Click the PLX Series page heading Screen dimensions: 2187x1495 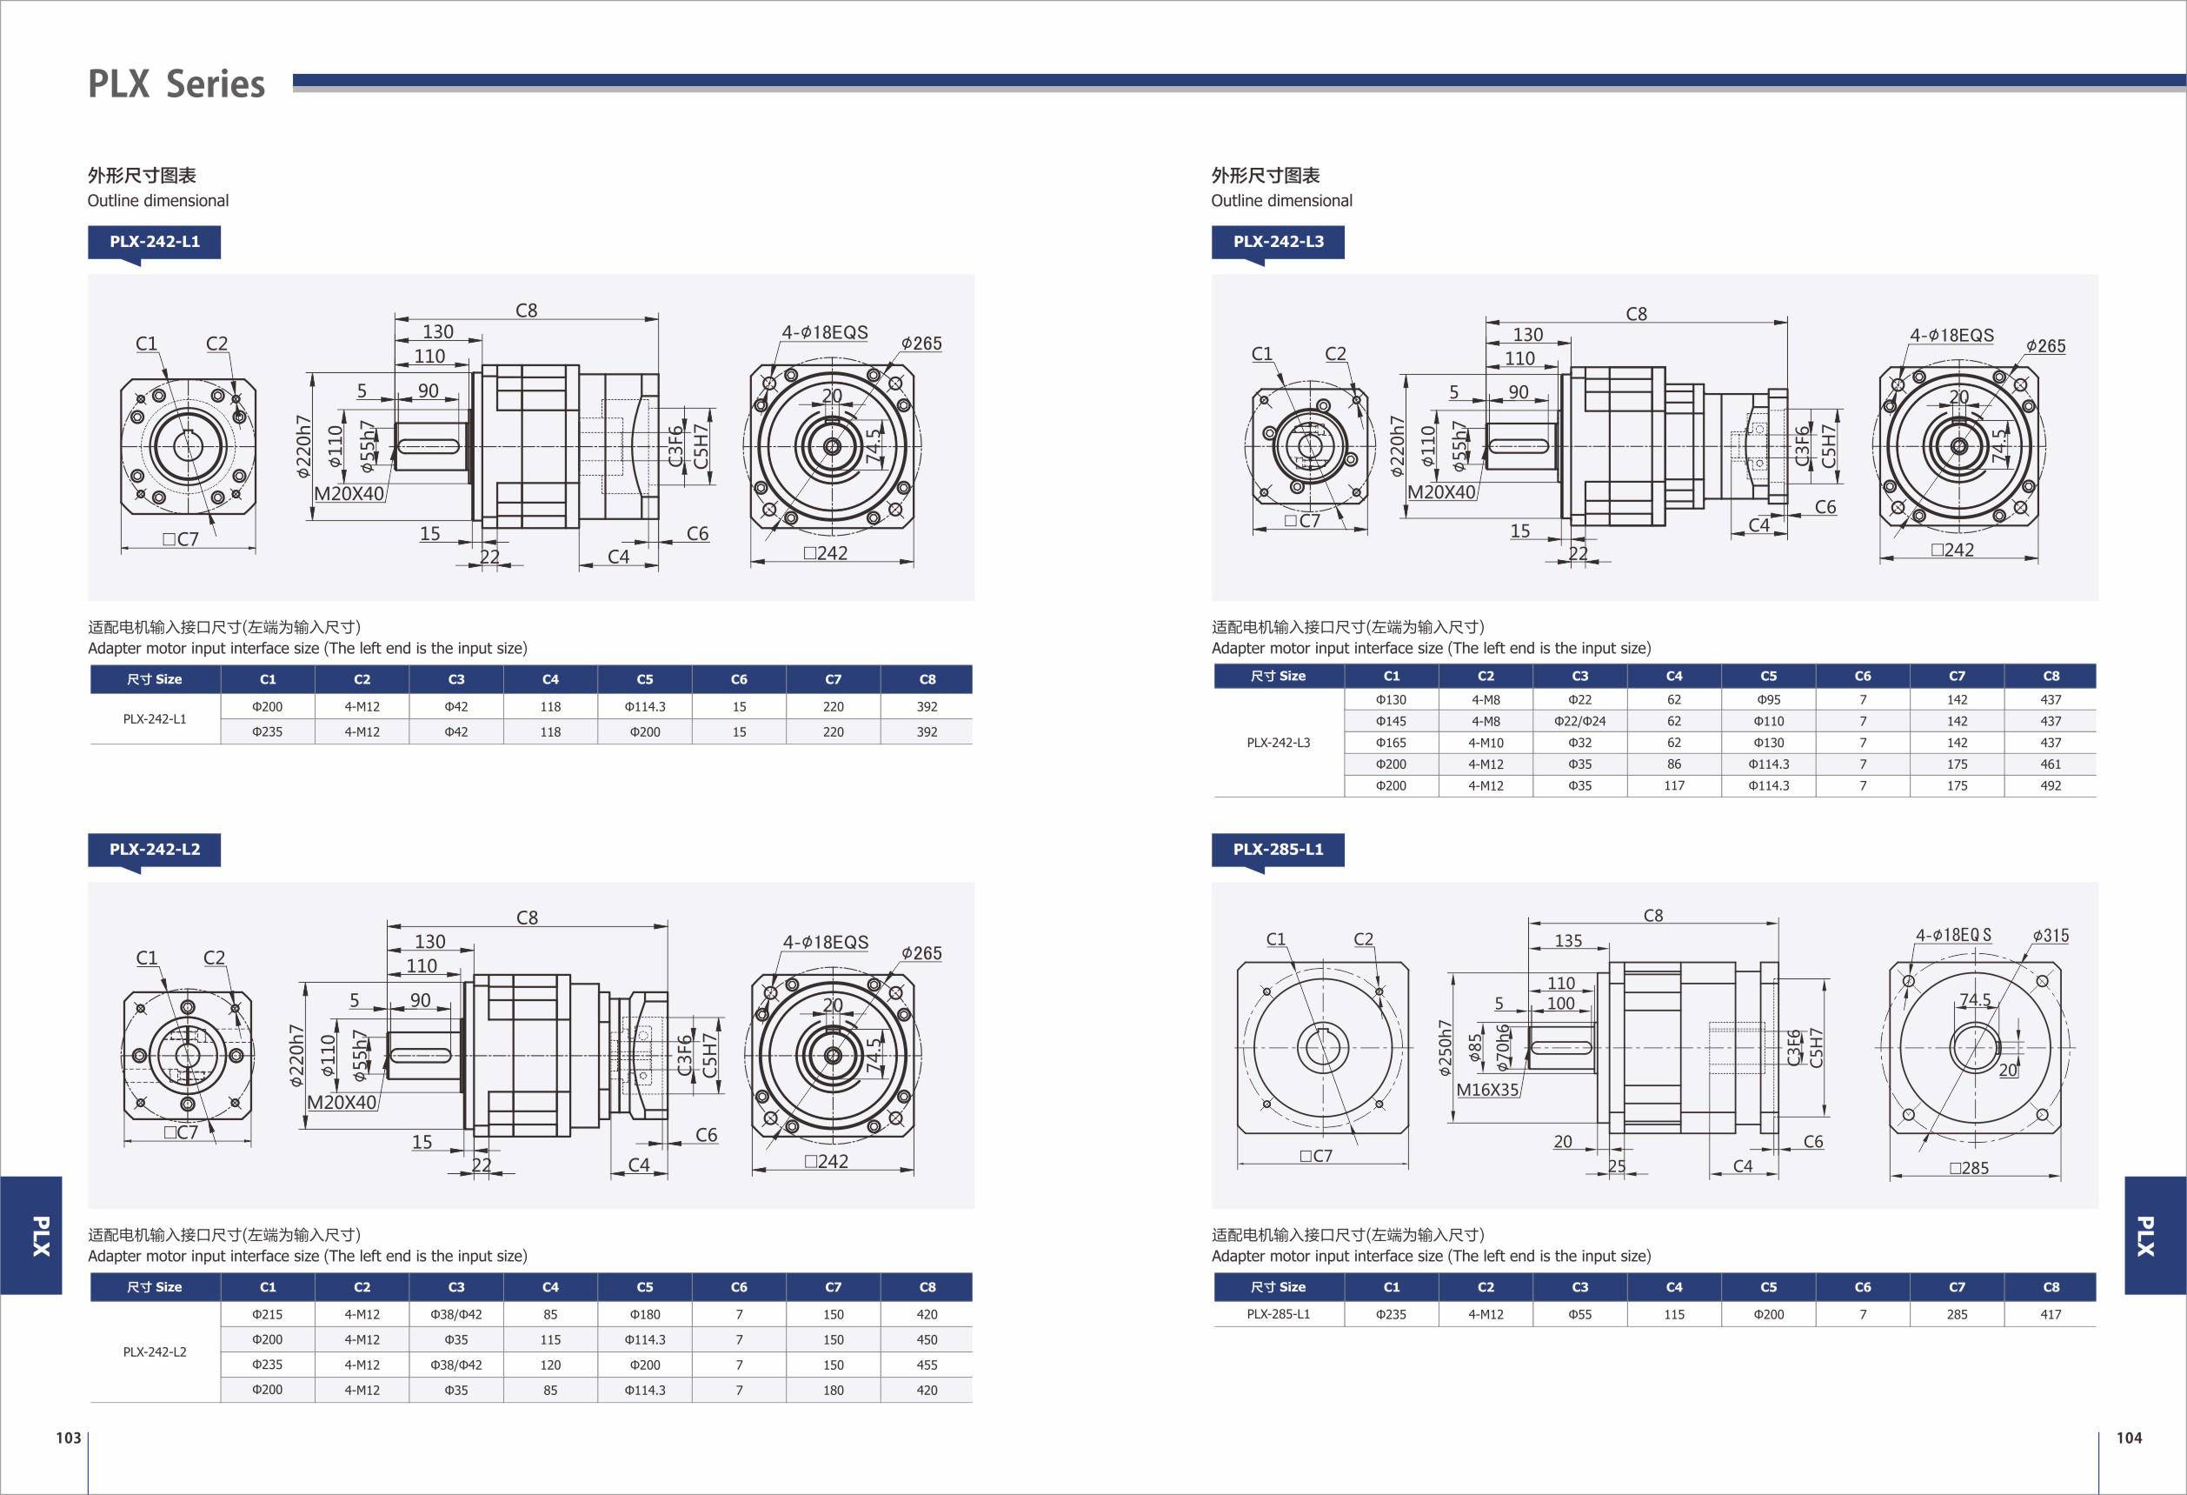176,83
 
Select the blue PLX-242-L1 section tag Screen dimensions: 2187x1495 155,242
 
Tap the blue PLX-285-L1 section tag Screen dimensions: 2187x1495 1278,849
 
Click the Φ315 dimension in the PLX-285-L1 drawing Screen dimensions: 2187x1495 2051,936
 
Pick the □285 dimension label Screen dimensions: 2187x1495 1969,1168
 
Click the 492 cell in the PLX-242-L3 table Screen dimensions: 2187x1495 2051,785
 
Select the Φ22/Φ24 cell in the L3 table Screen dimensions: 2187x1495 1580,721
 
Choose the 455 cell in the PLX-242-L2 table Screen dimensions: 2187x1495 927,1365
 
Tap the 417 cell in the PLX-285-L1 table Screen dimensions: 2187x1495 2051,1314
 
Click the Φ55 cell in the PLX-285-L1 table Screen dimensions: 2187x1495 1580,1314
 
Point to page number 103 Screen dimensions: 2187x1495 69,1438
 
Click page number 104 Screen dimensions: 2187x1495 2129,1438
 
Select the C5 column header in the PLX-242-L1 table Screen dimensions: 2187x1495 645,678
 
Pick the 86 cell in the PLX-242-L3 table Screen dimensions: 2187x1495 1674,764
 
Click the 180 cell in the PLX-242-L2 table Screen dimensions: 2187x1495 833,1390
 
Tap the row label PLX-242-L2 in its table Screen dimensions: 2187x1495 155,1352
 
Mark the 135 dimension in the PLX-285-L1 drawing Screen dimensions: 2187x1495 1568,940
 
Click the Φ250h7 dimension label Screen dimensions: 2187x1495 1445,1048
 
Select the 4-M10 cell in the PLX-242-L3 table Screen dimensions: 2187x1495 1486,743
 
